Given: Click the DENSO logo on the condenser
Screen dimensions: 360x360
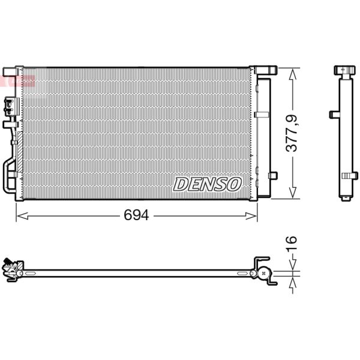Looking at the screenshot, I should [207, 184].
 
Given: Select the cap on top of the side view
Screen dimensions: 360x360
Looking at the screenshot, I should [346, 70].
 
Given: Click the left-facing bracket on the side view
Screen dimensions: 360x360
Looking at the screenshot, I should [334, 114].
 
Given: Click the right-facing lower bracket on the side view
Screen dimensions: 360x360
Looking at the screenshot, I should [349, 175].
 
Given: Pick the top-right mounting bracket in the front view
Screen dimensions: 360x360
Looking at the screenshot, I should [265, 70].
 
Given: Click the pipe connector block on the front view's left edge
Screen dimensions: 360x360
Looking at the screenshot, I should [10, 107].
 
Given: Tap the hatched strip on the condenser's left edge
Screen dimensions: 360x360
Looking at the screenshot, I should [19, 144].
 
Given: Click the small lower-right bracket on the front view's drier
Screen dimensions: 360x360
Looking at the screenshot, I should [272, 175].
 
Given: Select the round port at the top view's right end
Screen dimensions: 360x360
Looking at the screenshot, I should [262, 273].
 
